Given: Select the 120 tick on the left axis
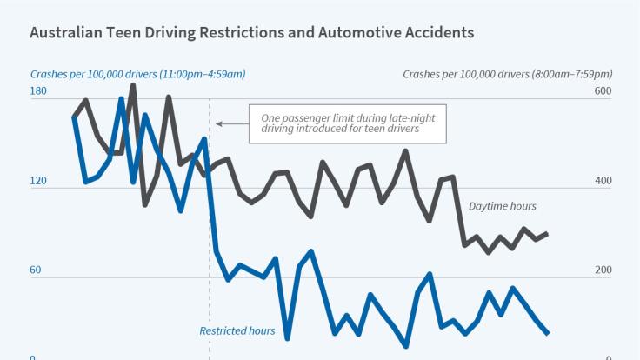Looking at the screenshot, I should pos(38,182).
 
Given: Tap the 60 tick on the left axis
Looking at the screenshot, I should pos(36,270).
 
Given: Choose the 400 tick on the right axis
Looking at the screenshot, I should pos(603,182).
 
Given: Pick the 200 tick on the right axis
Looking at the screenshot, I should pos(603,270).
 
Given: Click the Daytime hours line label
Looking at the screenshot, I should pos(503,206).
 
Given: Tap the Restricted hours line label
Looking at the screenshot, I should pos(237,330).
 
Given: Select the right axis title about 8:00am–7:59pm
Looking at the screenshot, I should pos(508,74).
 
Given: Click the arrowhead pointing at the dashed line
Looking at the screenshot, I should pos(219,124).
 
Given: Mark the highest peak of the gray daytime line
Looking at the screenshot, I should pos(133,84).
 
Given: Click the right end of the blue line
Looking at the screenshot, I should pos(548,333).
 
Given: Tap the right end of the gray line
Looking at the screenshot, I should pos(548,233).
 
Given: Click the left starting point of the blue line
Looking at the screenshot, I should pos(74,117).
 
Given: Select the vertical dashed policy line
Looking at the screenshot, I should pos(210,261).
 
